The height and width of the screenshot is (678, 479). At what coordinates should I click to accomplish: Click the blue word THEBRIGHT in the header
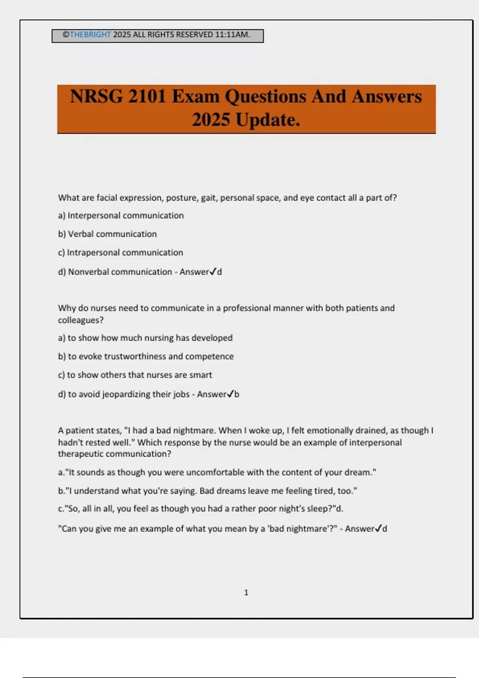(90, 35)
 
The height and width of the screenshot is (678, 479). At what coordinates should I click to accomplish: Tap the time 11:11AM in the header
(232, 35)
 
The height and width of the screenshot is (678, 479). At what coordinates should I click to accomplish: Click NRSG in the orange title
(97, 97)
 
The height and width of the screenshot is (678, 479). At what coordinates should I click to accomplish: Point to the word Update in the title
(267, 120)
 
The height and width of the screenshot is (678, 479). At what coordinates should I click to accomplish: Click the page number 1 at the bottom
(246, 593)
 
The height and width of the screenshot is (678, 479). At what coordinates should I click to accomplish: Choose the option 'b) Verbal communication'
(107, 234)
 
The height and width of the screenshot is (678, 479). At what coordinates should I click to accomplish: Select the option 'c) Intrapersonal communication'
(121, 252)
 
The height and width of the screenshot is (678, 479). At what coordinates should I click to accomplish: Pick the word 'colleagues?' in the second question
(81, 320)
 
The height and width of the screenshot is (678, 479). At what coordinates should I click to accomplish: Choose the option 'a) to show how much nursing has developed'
(145, 338)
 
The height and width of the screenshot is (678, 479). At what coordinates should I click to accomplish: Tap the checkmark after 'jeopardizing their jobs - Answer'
(230, 394)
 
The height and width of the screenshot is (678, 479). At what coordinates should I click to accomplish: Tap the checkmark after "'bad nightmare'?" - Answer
(378, 528)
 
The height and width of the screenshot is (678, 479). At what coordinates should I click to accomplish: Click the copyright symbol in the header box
(66, 35)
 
